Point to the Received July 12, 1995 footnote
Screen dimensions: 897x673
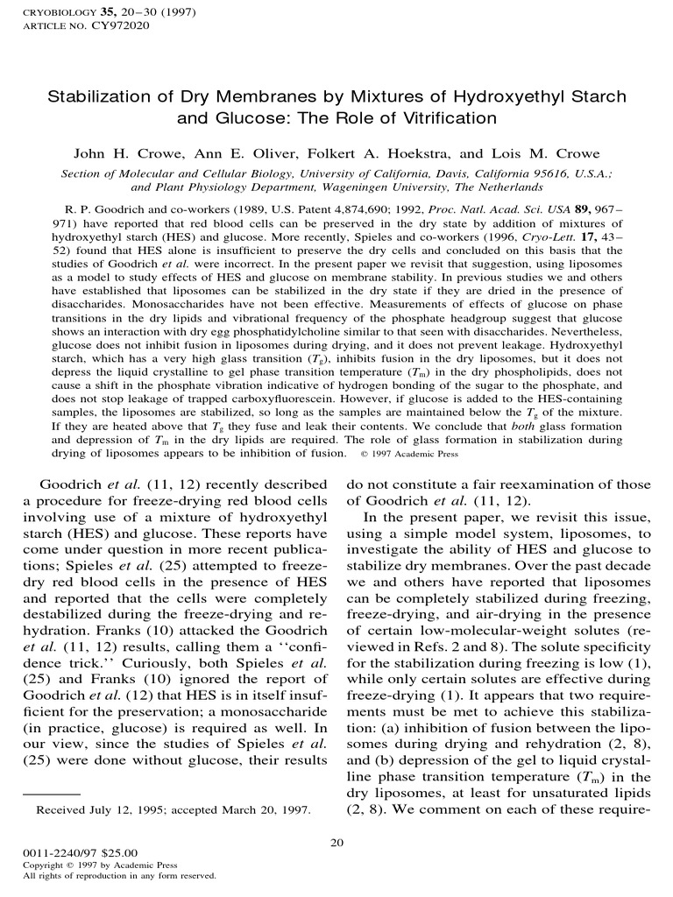click(173, 823)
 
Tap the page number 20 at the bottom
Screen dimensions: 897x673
click(336, 843)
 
